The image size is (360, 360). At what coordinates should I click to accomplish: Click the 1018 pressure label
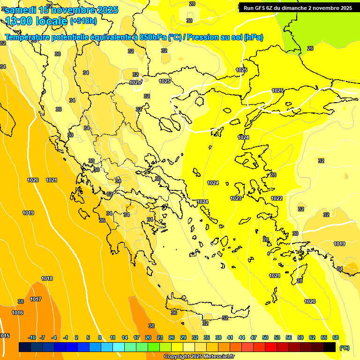pos(47,278)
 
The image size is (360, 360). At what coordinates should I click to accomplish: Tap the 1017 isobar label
pos(36,299)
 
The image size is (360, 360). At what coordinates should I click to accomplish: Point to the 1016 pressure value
pos(17,313)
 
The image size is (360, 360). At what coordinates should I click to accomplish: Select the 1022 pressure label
pos(277,198)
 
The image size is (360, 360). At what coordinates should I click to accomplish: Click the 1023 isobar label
pos(236,198)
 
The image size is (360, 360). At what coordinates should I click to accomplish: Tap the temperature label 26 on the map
pos(310,48)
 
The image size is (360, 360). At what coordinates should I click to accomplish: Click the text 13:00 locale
pos(37,21)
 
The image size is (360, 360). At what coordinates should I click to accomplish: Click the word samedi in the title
pos(21,10)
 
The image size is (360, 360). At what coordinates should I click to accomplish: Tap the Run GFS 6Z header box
pos(298,8)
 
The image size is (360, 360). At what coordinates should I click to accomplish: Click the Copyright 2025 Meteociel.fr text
pos(199,357)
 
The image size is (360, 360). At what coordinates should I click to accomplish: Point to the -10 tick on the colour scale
pos(32,337)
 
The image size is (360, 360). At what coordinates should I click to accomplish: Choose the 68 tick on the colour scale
pos(336,337)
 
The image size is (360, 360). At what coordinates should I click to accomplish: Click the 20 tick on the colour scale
pos(148,337)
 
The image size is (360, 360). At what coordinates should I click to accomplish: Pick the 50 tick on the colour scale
pos(265,337)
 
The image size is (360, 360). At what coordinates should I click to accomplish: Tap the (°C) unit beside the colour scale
pos(345,347)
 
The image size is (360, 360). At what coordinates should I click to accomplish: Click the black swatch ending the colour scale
pos(330,347)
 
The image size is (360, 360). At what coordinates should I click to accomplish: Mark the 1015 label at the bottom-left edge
pos(5,336)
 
